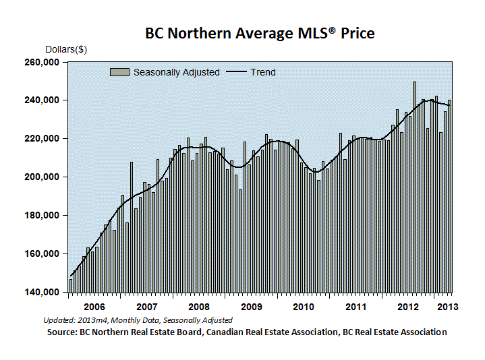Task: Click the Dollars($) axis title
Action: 66,49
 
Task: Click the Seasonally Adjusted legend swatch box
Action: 119,72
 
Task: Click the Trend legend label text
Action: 262,72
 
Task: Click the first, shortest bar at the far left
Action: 70,285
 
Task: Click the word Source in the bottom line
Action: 62,332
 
